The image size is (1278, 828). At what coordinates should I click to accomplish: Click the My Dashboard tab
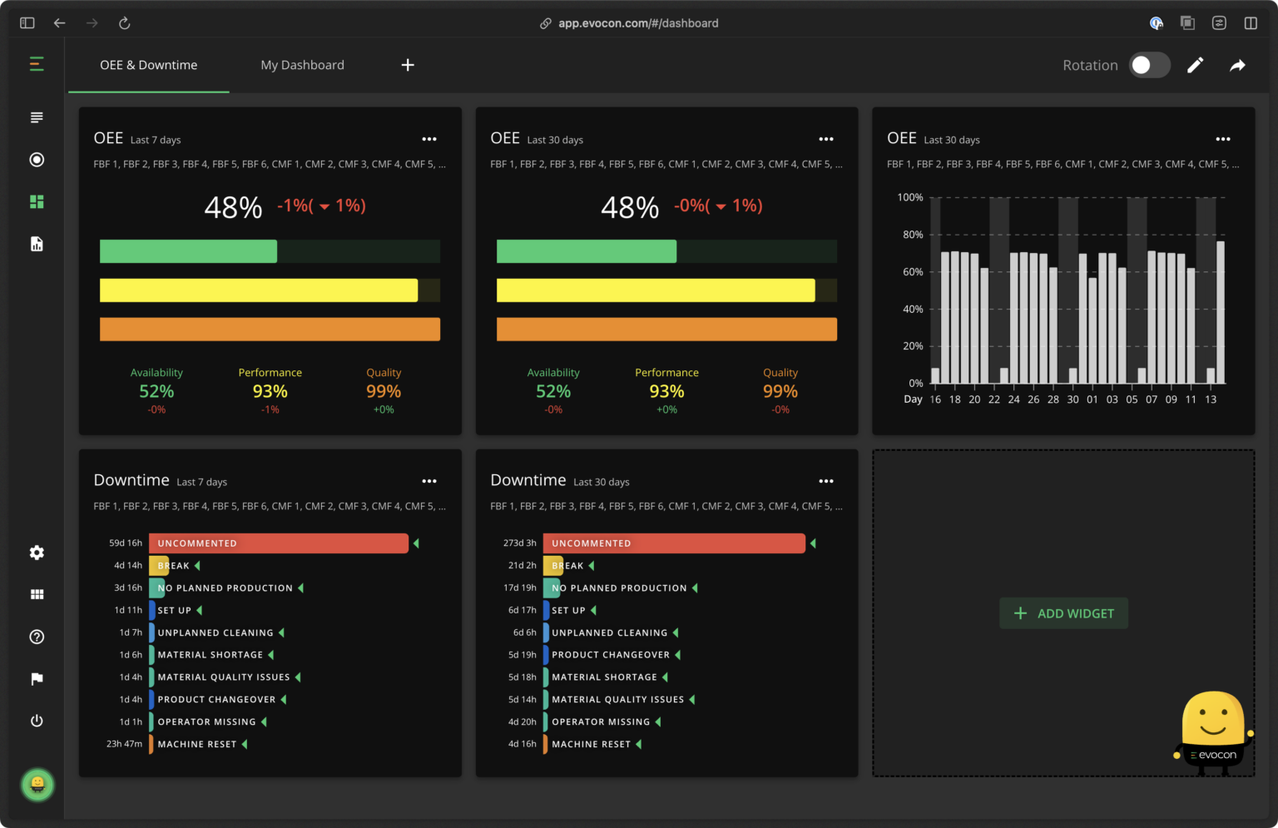click(302, 65)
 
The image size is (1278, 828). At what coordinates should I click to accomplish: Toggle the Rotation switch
click(1149, 65)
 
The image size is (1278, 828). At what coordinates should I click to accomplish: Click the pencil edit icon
click(1195, 65)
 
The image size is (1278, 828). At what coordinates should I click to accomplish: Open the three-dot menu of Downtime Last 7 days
click(429, 481)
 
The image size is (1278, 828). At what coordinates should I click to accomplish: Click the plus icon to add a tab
click(408, 65)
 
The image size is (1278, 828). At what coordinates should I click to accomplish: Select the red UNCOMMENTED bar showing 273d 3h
click(673, 543)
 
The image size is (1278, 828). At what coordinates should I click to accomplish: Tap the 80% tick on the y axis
click(913, 235)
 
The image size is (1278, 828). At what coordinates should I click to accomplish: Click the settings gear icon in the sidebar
click(37, 553)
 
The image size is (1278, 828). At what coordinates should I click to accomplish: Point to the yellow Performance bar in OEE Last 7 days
click(259, 290)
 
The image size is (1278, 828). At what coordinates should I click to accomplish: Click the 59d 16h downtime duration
click(126, 543)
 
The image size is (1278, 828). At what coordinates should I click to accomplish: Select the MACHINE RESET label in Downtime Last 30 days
click(591, 745)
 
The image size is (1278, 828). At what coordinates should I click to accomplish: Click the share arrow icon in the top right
click(1237, 65)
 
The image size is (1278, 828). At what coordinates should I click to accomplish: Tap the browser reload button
click(125, 23)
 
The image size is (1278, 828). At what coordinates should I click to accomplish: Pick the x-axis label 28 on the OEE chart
click(1053, 399)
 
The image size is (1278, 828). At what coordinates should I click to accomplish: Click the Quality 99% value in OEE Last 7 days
click(384, 391)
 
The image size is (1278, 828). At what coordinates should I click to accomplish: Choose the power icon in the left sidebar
click(37, 721)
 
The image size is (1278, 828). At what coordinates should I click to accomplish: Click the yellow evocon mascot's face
click(1212, 718)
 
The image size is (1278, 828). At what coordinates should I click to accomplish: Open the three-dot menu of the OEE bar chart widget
click(1222, 139)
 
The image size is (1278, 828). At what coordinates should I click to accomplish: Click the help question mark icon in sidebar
click(37, 637)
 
